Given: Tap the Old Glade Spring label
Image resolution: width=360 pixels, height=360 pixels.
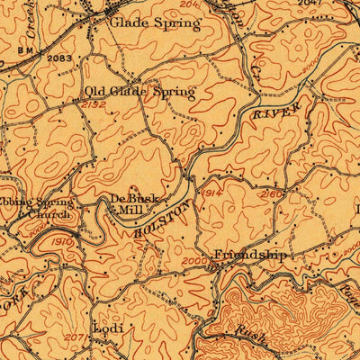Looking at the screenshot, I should [139, 92].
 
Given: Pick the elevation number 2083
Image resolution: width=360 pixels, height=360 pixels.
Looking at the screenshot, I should [60, 58].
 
